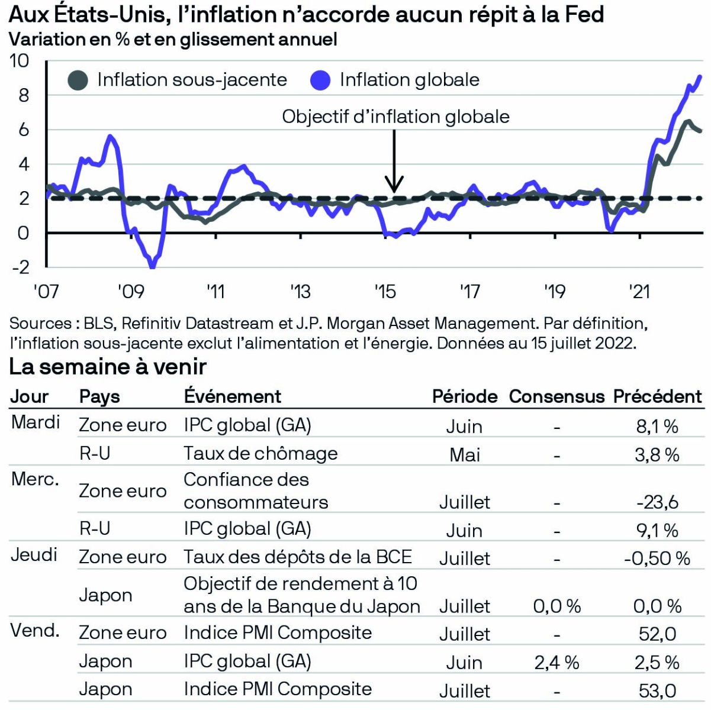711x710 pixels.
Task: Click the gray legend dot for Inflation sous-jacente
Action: pos(79,80)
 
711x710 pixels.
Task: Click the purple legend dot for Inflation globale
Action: pos(320,80)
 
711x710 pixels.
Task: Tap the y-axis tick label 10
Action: pos(20,61)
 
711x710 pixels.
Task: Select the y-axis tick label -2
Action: pos(21,267)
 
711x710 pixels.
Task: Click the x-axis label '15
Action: pos(385,292)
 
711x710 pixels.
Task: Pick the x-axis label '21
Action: pos(640,292)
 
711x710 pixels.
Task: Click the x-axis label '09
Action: pos(131,292)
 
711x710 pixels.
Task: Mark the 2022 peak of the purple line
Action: pos(701,76)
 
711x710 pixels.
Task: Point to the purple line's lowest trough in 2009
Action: pos(153,266)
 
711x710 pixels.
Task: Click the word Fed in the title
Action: pos(583,14)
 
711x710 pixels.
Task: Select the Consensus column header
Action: pos(556,396)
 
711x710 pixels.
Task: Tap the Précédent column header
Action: pos(657,396)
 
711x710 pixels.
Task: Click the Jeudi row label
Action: pos(34,555)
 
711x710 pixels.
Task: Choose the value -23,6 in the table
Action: pos(657,502)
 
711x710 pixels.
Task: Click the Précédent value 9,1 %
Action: pos(657,530)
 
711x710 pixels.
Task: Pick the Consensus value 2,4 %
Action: pos(556,663)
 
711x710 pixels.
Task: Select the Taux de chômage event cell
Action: pos(260,454)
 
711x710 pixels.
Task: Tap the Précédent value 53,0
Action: pos(657,690)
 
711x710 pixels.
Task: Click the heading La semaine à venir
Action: pos(108,367)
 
